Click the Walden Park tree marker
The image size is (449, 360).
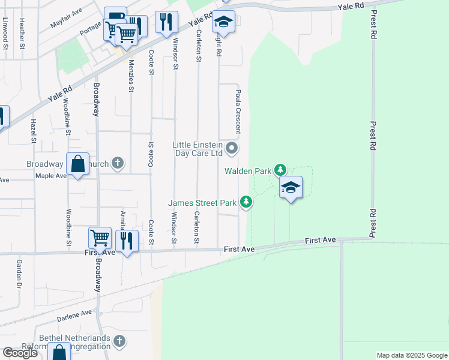coord(280,170)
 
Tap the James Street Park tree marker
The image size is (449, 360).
coord(246,203)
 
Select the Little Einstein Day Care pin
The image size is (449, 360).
coord(232,148)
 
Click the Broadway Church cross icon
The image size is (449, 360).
coord(118,163)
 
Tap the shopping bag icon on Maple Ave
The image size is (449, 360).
coord(78,164)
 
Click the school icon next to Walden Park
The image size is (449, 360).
coord(291,188)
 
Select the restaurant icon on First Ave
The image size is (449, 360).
coord(127,241)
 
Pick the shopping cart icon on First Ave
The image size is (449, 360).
coord(100,238)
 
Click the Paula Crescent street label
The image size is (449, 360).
coord(238,111)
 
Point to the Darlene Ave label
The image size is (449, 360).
coord(74,315)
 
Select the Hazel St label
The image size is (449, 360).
coord(32,131)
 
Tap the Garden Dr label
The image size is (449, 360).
coord(19,272)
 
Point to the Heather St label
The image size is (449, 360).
coord(22,33)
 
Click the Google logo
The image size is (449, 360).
coord(20,353)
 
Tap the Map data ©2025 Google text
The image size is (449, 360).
coord(411,355)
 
